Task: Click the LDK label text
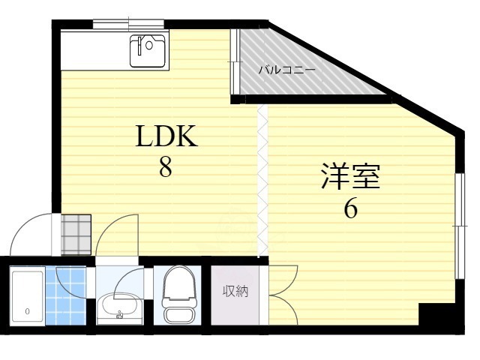(166, 137)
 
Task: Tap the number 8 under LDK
(166, 167)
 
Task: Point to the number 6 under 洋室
(350, 208)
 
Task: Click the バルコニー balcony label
(287, 70)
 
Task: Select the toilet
(178, 295)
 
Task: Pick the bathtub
(27, 297)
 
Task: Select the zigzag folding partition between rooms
(262, 180)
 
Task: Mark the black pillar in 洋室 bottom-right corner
(430, 314)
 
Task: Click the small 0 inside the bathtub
(27, 310)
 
